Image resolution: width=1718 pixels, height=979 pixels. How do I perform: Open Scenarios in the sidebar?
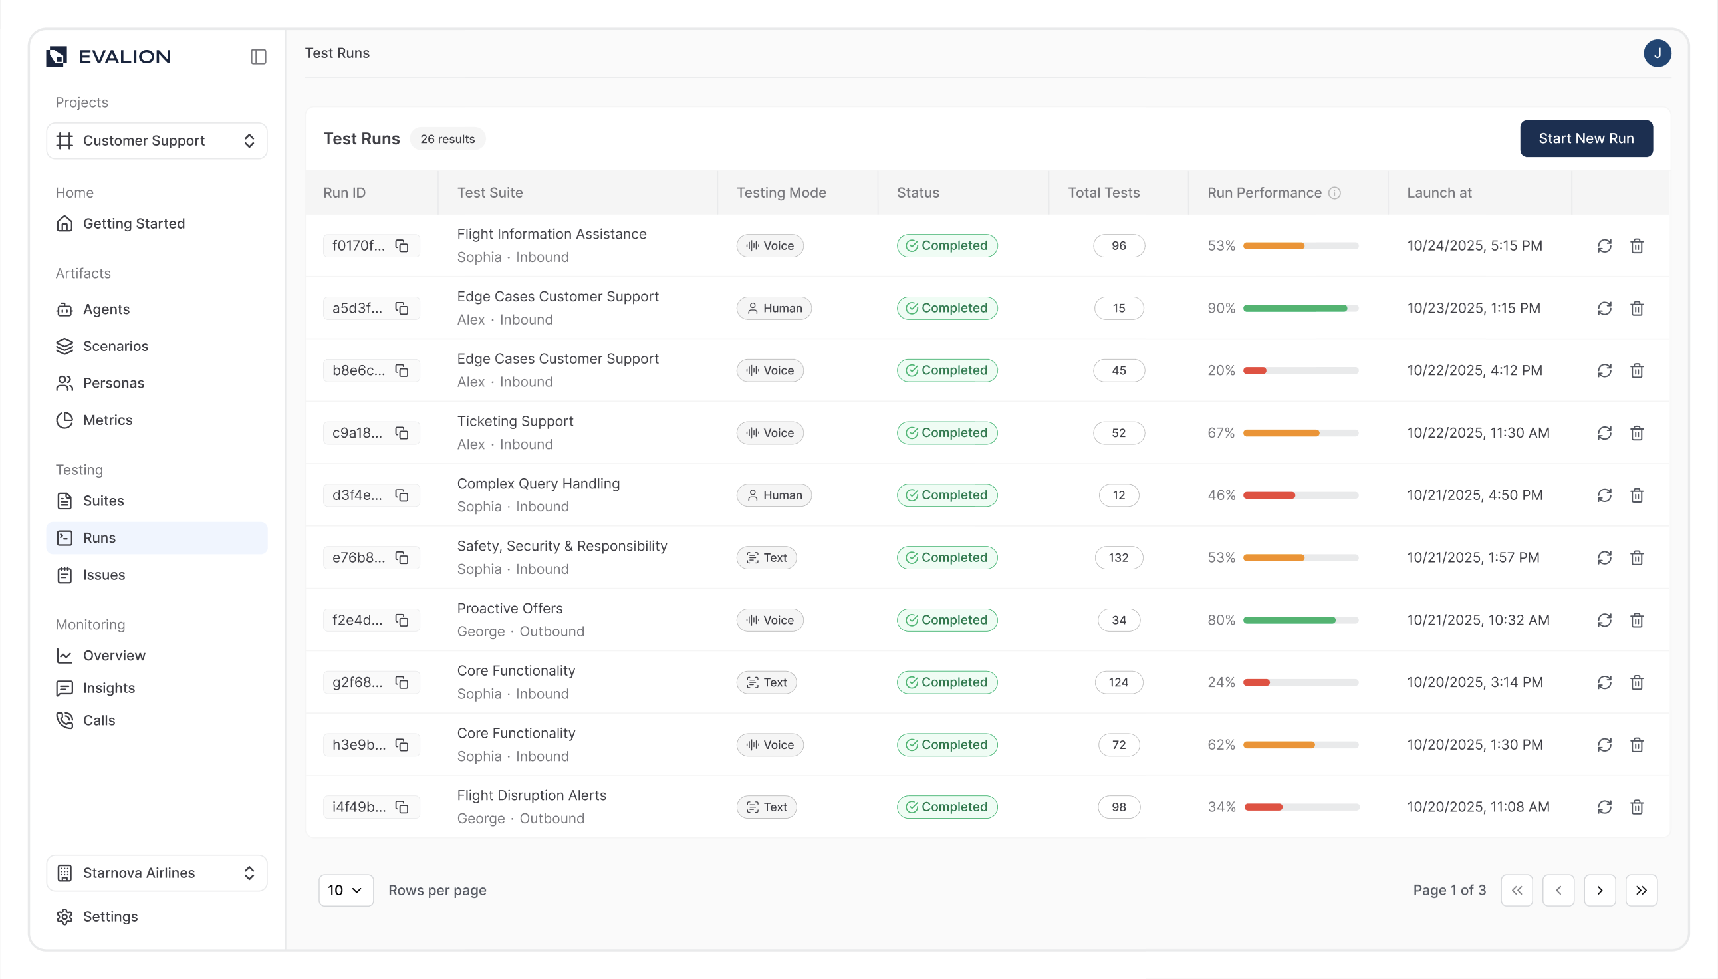[115, 346]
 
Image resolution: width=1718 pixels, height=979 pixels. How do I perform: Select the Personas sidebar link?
[113, 382]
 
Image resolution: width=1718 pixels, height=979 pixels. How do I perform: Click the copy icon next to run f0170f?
[402, 245]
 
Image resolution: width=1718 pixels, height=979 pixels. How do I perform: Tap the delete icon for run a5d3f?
[1636, 308]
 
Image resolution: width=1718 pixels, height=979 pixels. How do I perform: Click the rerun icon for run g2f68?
[1604, 682]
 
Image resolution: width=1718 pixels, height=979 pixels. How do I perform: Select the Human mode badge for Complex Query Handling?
[774, 495]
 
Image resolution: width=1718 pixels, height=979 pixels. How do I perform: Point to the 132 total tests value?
[1118, 557]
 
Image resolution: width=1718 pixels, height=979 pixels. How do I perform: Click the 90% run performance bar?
[1299, 308]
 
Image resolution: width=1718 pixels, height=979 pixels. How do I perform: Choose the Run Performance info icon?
[1334, 192]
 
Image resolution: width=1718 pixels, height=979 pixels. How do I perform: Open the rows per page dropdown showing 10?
[346, 890]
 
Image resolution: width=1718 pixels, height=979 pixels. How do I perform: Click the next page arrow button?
[1599, 890]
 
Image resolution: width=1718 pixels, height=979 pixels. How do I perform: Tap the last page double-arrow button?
[1641, 890]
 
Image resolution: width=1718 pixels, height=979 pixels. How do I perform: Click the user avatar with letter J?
[1656, 53]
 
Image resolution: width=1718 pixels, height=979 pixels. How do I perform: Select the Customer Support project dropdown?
[157, 140]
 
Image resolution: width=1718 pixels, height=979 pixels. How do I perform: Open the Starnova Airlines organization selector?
[157, 872]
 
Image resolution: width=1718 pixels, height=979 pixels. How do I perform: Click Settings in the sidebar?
[110, 916]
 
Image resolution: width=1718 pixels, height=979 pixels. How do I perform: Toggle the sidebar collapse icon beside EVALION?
[258, 57]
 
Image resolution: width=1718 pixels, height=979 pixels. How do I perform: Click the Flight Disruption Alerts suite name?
[531, 795]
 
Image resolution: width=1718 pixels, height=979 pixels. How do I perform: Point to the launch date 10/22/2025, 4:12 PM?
[1474, 370]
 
